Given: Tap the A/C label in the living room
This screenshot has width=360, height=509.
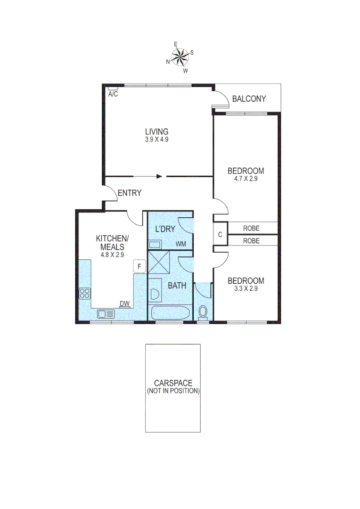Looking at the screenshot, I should pos(113,94).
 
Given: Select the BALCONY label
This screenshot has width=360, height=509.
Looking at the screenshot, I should pos(249,99).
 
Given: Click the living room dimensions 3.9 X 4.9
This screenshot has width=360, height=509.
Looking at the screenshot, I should pos(157,140).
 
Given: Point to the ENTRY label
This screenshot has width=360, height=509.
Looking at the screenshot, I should pos(129,193).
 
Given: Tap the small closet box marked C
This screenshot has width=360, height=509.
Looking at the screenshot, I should pos(220,234).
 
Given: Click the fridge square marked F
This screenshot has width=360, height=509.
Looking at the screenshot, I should pos(139,267).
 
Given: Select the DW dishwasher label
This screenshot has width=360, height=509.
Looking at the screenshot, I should pos(124,304).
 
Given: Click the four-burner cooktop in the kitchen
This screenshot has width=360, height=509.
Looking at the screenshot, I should pos(85,294).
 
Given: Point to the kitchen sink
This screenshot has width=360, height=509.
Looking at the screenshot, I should pos(106,314).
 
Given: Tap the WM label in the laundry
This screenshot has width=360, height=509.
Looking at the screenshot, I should pos(180,244).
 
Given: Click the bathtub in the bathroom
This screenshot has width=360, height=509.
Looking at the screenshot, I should pos(170,313).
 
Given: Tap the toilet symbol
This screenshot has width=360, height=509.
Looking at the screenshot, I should pos(203,311).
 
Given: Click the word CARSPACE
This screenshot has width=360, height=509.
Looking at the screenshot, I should pos(172,384).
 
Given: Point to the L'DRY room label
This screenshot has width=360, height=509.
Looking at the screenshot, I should pos(165,229).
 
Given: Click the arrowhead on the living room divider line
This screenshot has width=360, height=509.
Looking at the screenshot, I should pos(160,177).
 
